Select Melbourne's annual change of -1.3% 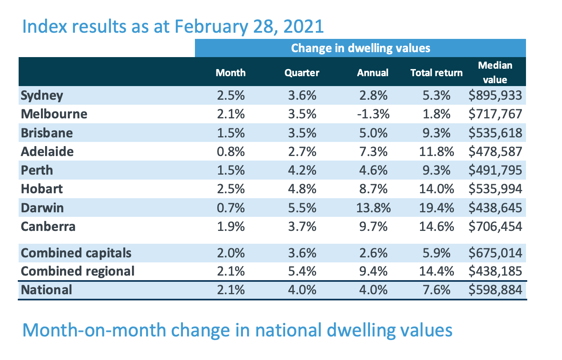coord(372,114)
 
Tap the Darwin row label coord(42,208)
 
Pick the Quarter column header coord(302,73)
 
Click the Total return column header coord(436,73)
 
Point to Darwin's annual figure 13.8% coord(372,208)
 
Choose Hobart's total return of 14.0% coord(436,189)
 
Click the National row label coord(46,290)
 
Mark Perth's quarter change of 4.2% coord(302,170)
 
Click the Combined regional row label coord(77,271)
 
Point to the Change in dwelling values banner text coord(360,48)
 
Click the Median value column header coord(495,72)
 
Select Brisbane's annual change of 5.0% coord(372,133)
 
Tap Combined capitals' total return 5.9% coord(436,252)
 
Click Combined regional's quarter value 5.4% coord(302,271)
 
